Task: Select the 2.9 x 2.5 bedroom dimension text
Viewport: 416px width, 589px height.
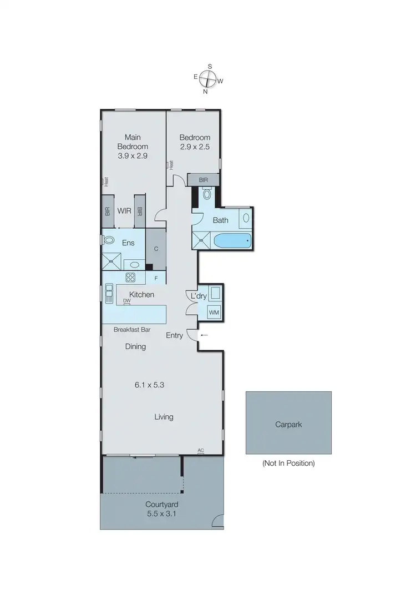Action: pos(195,148)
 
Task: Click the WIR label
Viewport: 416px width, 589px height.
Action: pos(124,211)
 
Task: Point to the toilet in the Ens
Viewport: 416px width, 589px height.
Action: pos(109,240)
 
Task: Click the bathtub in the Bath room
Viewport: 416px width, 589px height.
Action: pos(232,241)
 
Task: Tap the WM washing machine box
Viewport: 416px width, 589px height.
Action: pos(214,313)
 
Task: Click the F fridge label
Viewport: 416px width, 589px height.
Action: pos(156,278)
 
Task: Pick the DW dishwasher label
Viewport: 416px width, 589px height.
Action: pos(126,301)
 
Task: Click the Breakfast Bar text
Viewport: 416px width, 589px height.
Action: pos(132,329)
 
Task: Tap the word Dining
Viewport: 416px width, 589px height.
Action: pos(135,346)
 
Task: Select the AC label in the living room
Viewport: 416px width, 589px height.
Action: pos(200,451)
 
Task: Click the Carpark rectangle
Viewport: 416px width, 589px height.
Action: pos(288,424)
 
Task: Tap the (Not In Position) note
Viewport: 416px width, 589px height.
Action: pos(288,463)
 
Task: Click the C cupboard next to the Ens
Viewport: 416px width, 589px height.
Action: pos(156,249)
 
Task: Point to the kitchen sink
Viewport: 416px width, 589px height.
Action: pos(109,293)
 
